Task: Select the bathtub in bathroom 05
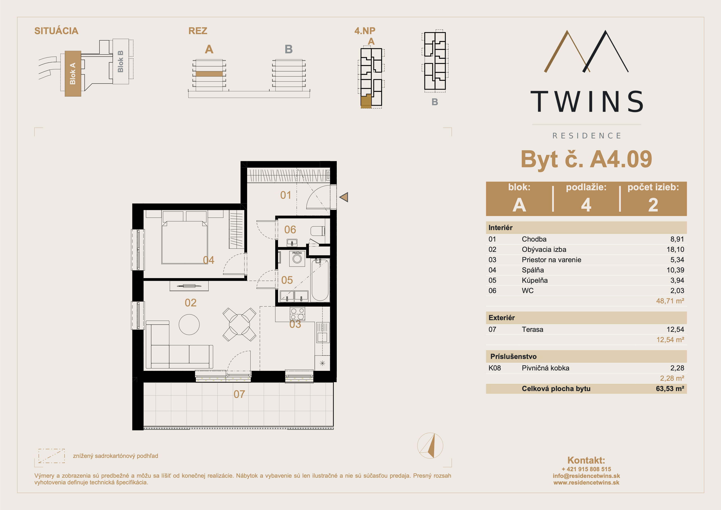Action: (320, 280)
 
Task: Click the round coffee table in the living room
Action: (189, 325)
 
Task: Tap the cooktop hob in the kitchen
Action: (297, 314)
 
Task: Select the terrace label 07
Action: (239, 394)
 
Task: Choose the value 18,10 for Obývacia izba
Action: (675, 249)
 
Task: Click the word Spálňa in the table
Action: (533, 270)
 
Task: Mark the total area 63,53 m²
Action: (670, 388)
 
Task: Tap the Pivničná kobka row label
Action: (546, 368)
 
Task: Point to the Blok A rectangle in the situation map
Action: (73, 74)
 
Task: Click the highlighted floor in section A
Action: (209, 74)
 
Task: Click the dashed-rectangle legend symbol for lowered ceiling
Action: (51, 456)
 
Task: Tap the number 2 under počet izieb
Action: (653, 205)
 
